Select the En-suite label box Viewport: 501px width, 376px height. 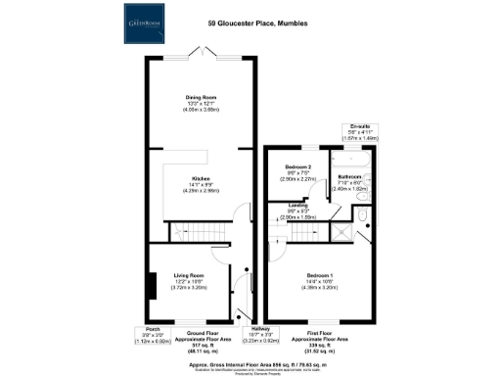point(359,133)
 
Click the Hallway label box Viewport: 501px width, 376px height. point(260,335)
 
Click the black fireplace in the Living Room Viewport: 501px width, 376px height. point(153,286)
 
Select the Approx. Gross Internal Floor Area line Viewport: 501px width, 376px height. point(250,357)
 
